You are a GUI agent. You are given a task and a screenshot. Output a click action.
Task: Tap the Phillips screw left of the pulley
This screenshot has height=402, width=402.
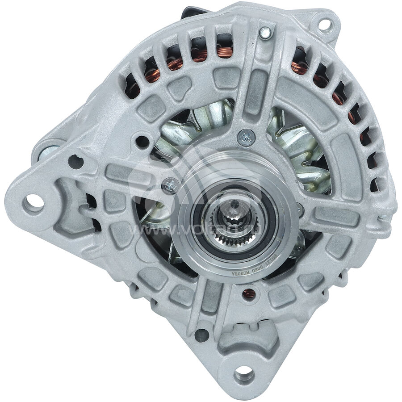[170, 183]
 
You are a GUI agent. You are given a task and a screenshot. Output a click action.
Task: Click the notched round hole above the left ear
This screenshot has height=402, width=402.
[75, 162]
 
